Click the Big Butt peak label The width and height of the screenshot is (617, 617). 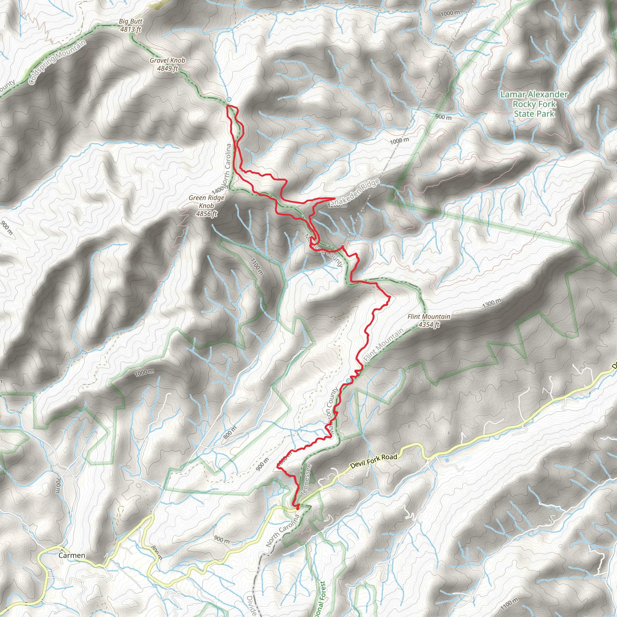(131, 22)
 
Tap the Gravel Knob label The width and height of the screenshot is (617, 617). (167, 60)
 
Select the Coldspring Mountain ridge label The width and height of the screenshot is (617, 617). (58, 62)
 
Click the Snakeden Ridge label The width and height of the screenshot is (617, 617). (355, 192)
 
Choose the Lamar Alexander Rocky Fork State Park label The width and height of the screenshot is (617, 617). (534, 104)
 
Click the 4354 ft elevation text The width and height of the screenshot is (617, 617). (429, 324)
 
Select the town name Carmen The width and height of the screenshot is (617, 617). (72, 555)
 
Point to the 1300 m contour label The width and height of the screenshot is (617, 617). (491, 303)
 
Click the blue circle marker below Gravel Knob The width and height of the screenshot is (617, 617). (229, 99)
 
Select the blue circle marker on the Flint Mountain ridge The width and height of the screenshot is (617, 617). (348, 381)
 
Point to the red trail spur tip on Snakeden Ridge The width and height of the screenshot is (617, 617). (334, 198)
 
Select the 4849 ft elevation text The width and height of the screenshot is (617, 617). (167, 68)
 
